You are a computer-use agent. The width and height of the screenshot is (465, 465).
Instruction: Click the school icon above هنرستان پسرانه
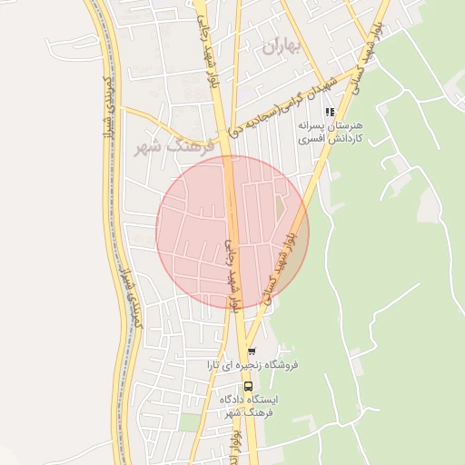coord(330,113)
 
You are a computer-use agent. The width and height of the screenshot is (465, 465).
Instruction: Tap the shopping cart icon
coord(252,351)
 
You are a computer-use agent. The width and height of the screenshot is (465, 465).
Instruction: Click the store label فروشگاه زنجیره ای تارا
coord(252,366)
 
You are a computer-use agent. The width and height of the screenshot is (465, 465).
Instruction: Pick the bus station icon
coord(249,386)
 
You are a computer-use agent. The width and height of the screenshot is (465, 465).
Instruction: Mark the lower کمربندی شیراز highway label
coord(133,291)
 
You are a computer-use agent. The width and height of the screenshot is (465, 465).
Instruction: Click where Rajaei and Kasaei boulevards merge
coord(246,327)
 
